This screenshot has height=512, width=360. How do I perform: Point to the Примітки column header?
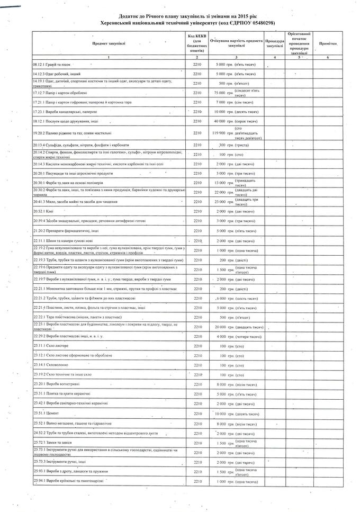327,43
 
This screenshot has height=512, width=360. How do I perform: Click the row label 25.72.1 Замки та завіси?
52,443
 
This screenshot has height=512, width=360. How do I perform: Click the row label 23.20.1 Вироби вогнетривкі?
53,384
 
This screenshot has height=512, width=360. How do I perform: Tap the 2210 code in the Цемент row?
196,412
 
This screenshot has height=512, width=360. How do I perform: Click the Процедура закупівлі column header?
275,43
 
